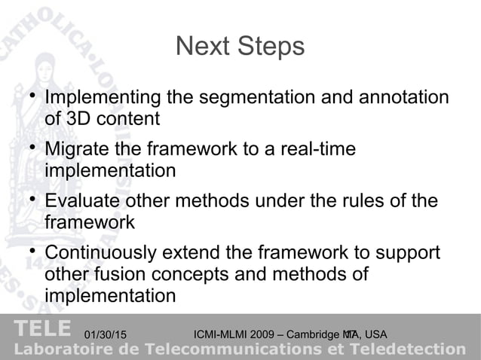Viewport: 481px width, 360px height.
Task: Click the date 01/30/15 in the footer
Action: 106,334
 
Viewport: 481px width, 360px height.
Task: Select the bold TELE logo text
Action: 42,329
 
